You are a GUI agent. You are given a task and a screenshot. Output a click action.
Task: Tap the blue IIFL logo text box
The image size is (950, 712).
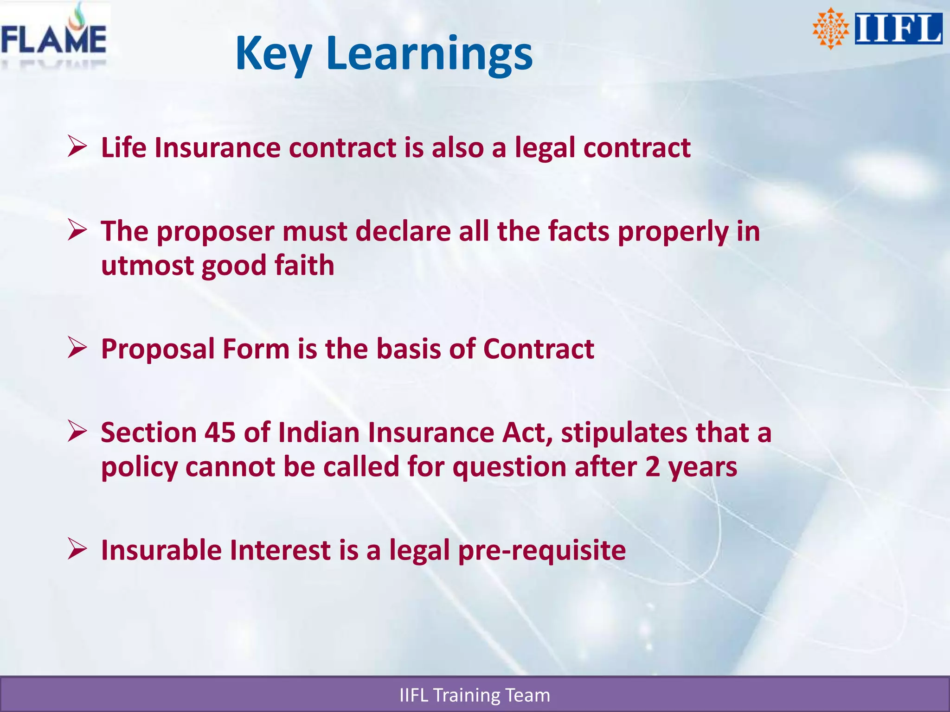tap(898, 29)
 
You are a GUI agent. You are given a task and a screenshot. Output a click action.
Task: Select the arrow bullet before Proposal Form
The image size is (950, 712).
tap(77, 348)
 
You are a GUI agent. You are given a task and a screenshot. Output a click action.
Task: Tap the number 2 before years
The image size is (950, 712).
tap(652, 467)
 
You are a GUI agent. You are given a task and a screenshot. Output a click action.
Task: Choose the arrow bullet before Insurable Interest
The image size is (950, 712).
tap(77, 549)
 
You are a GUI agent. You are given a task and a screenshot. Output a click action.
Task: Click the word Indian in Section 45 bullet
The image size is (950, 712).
tap(319, 432)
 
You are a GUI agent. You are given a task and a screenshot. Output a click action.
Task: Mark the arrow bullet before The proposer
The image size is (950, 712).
tap(77, 230)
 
